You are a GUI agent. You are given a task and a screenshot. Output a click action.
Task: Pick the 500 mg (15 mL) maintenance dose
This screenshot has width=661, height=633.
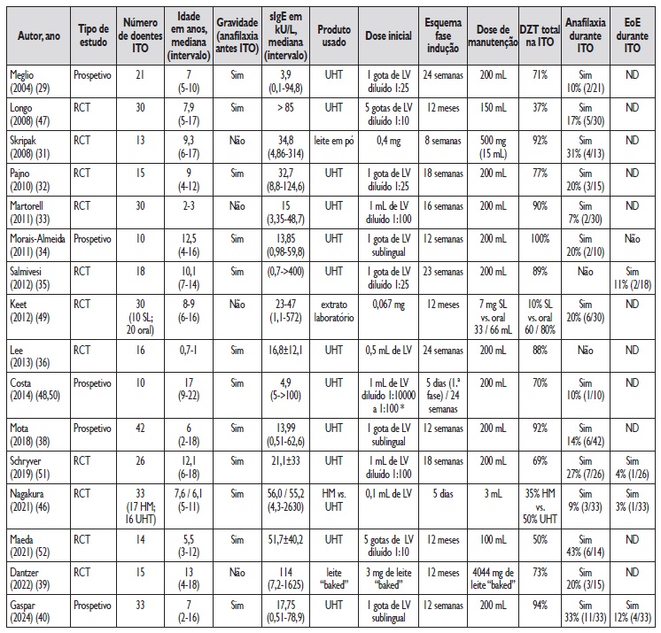point(492,146)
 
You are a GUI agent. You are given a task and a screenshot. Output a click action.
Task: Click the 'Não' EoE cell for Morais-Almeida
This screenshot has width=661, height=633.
point(632,240)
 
